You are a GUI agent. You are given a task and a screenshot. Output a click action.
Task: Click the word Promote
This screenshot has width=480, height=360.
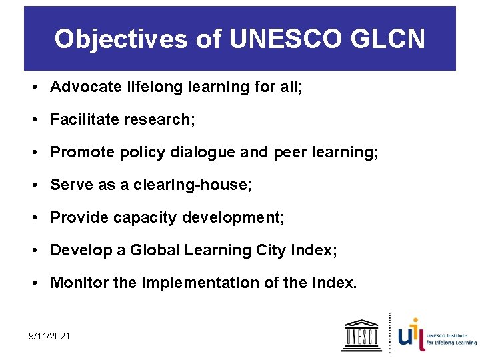(x=79, y=152)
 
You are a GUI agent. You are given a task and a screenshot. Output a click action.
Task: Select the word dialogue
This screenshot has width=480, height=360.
(x=203, y=152)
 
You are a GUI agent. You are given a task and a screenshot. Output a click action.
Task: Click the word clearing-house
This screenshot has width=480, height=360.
(x=193, y=185)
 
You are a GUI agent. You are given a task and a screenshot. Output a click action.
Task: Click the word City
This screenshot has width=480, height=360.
(x=271, y=250)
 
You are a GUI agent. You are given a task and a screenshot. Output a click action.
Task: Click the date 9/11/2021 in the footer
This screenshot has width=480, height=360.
(x=49, y=337)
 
